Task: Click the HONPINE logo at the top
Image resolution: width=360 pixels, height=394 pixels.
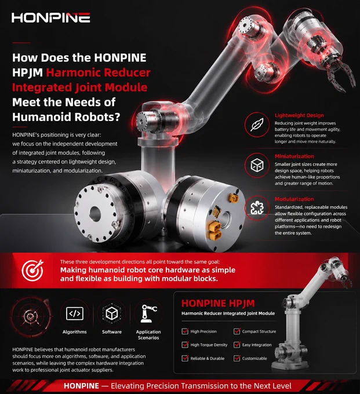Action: click(x=51, y=17)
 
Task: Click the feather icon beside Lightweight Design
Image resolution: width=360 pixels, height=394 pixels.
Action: click(x=257, y=125)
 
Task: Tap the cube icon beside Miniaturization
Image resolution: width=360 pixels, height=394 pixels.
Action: click(x=257, y=165)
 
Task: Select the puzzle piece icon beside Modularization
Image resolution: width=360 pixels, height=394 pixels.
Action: click(x=257, y=208)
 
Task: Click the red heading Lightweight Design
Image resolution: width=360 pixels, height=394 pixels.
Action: click(x=299, y=115)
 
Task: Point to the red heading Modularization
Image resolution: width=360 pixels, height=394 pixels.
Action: click(x=294, y=199)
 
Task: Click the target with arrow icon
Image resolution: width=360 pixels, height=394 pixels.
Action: click(x=32, y=270)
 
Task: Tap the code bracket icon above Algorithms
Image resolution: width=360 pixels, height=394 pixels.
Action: click(x=75, y=313)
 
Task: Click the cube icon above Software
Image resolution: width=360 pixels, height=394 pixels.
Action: click(x=112, y=313)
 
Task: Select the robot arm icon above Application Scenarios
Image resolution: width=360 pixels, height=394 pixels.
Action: click(x=148, y=313)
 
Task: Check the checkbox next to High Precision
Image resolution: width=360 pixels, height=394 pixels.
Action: click(x=185, y=331)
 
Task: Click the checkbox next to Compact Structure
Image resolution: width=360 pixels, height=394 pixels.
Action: click(x=237, y=331)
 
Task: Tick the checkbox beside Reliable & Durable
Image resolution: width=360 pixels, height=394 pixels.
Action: click(x=185, y=358)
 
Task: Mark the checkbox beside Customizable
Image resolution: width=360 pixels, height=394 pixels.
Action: click(x=237, y=358)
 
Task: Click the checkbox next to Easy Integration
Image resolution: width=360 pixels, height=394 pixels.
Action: click(x=237, y=345)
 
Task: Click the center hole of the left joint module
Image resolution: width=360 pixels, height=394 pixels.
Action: click(x=95, y=214)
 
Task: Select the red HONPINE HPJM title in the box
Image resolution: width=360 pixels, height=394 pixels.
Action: click(x=218, y=303)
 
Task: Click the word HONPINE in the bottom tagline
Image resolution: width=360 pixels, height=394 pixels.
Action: click(x=82, y=386)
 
